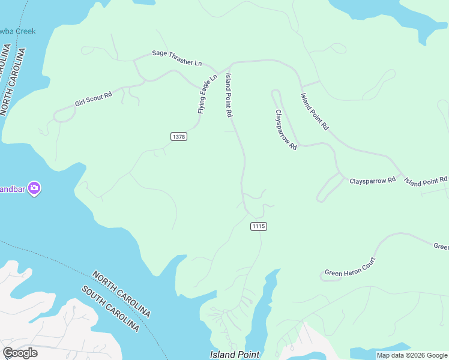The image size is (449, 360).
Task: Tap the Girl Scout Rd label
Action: point(94,100)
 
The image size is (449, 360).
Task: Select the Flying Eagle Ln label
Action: point(207,94)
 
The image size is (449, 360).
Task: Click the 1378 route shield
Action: point(179,137)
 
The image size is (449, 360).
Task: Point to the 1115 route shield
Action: point(258,226)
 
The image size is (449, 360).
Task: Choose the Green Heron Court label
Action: point(350,268)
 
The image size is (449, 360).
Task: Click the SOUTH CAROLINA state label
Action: point(111,308)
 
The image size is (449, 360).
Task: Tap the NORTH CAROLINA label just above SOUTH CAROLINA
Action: point(121,295)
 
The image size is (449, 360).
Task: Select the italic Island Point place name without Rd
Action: point(235,355)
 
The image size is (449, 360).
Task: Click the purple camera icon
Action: point(34,188)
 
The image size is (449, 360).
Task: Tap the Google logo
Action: point(20,353)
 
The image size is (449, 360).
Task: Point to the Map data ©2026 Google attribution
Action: point(412,355)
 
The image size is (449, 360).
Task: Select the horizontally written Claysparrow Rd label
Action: point(373,180)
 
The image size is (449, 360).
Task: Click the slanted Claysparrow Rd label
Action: point(286,129)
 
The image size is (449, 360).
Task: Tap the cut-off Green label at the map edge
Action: point(441,246)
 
